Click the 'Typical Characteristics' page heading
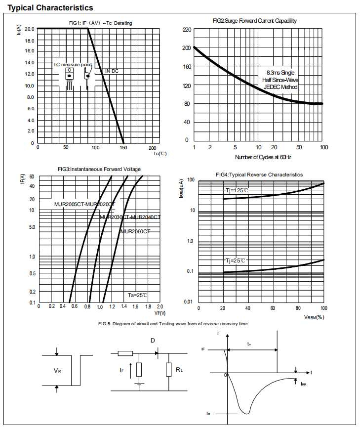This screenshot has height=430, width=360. pyautogui.click(x=50, y=8)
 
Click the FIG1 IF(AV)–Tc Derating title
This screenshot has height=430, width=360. pyautogui.click(x=100, y=23)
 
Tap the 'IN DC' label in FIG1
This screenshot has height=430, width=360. pyautogui.click(x=112, y=71)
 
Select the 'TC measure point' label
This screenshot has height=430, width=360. pyautogui.click(x=73, y=65)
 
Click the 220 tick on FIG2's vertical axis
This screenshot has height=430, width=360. pyautogui.click(x=186, y=30)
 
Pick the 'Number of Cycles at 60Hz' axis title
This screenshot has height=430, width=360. pyautogui.click(x=263, y=157)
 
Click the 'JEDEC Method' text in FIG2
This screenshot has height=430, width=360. pyautogui.click(x=280, y=86)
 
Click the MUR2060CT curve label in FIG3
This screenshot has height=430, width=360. pyautogui.click(x=135, y=231)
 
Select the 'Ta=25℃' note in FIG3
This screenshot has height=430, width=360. pyautogui.click(x=138, y=295)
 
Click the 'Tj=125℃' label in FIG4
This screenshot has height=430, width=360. pyautogui.click(x=237, y=190)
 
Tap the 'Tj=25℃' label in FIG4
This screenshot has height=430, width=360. pyautogui.click(x=236, y=260)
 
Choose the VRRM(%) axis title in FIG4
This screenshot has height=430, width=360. pyautogui.click(x=314, y=317)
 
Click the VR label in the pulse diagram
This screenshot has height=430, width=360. pyautogui.click(x=58, y=370)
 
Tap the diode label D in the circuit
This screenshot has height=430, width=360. pyautogui.click(x=153, y=341)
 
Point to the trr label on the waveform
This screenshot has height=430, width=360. pyautogui.click(x=249, y=343)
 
